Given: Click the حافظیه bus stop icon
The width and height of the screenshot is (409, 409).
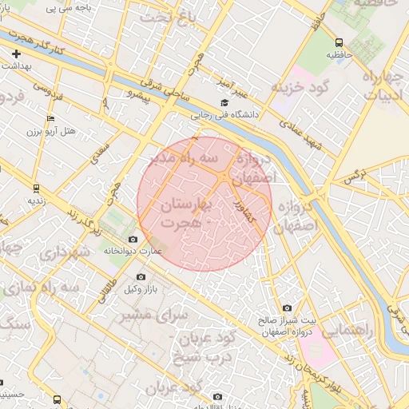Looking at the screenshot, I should (340, 42).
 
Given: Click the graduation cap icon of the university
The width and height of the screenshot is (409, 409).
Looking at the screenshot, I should (224, 103).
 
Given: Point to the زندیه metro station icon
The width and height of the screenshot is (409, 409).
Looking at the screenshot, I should (35, 189).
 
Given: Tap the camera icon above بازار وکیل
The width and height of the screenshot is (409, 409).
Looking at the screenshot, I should (141, 276).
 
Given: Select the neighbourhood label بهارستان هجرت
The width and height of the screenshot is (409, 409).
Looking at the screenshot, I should (184, 213).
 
